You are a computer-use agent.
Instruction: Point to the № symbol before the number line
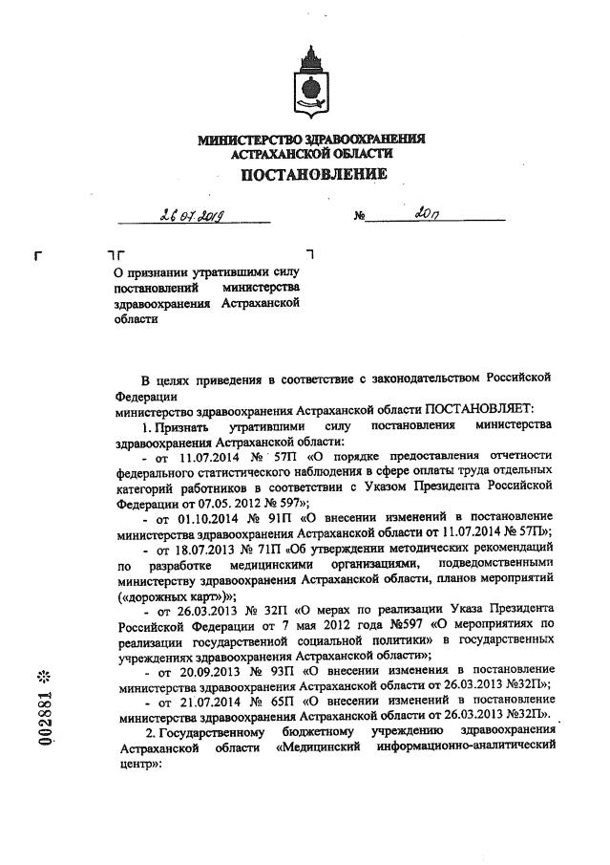tap(360, 219)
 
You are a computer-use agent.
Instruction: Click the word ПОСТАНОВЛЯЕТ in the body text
tap(468, 407)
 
